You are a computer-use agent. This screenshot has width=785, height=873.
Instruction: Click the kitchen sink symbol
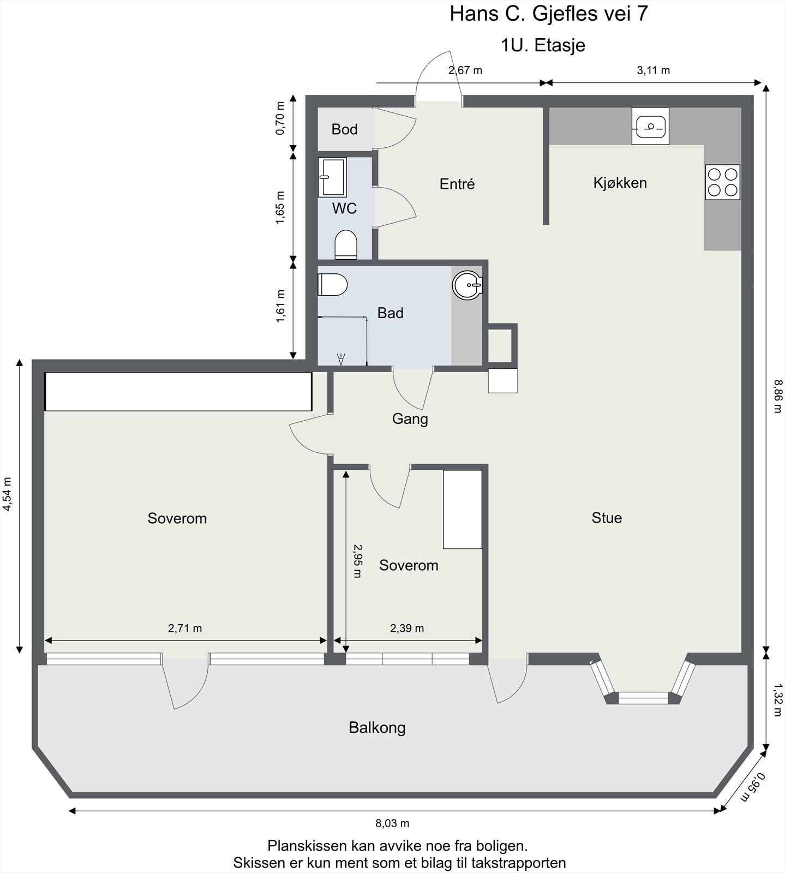(650, 127)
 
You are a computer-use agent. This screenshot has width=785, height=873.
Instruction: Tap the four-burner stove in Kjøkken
(722, 182)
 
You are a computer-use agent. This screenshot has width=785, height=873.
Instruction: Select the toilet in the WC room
(345, 244)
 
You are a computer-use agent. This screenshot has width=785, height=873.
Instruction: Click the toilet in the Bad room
(332, 284)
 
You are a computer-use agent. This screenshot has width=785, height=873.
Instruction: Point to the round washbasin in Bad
(468, 285)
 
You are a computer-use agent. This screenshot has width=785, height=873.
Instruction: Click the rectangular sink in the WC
(332, 177)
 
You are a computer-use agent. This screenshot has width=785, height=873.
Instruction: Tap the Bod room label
(344, 129)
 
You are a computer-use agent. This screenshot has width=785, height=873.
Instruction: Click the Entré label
(457, 184)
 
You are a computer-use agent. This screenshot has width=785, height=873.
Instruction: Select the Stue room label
(607, 518)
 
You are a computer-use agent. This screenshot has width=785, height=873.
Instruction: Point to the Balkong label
(377, 728)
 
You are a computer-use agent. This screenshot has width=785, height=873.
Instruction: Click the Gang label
(410, 419)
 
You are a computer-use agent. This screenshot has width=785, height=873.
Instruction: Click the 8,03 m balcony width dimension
(392, 823)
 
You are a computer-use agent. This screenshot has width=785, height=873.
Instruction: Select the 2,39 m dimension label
(407, 628)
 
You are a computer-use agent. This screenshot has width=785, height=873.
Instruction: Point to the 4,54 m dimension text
(7, 494)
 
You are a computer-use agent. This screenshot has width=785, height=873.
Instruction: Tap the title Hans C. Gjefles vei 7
(549, 14)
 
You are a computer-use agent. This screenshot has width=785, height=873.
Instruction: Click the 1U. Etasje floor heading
(543, 45)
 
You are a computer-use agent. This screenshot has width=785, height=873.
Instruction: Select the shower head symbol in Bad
(341, 359)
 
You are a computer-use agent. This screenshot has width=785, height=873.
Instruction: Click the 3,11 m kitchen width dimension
(653, 70)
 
